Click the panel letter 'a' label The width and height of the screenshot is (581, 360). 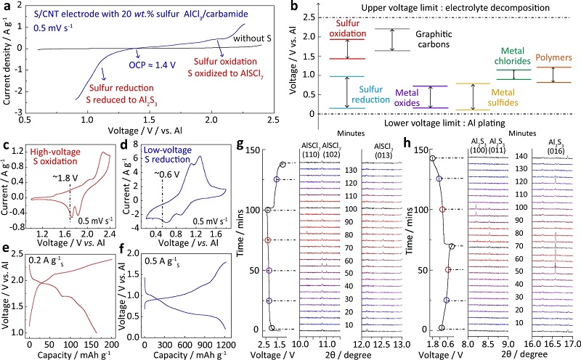coord(7,7)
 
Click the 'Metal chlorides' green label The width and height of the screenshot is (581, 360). coord(516,57)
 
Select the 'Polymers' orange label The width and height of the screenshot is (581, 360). coord(556,57)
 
